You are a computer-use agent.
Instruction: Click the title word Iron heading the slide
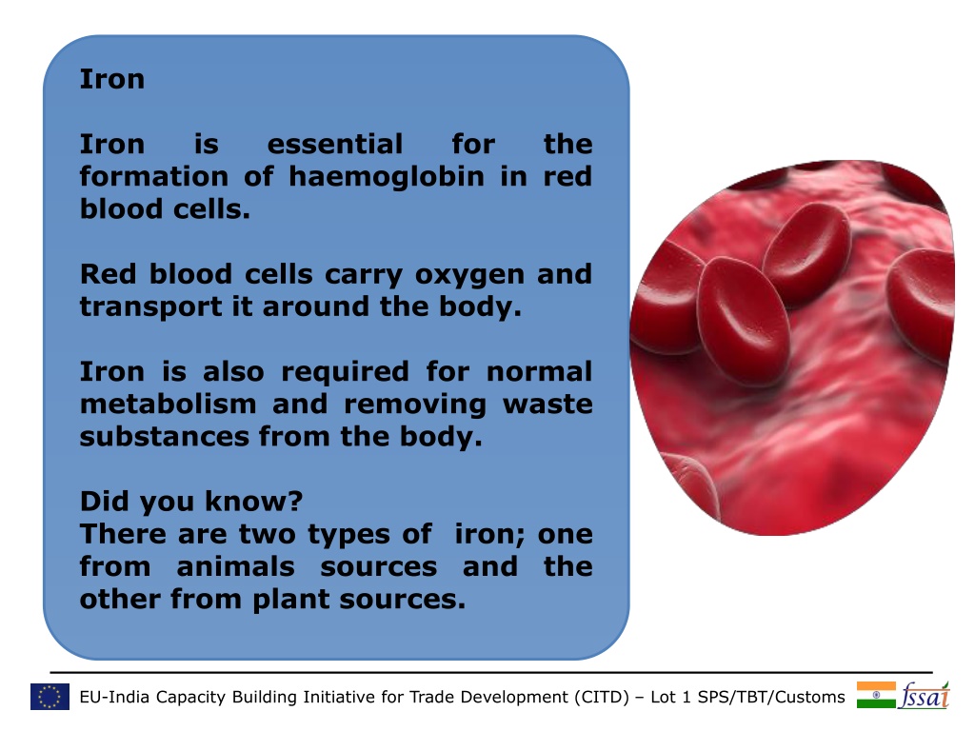pyautogui.click(x=112, y=79)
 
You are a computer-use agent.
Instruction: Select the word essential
pyautogui.click(x=335, y=145)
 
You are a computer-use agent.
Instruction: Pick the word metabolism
pyautogui.click(x=168, y=404)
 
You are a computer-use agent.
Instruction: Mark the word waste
pyautogui.click(x=547, y=405)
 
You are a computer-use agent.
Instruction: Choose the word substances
pyautogui.click(x=164, y=436)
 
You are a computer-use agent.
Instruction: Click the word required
pyautogui.click(x=345, y=372)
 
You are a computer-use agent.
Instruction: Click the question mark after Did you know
pyautogui.click(x=296, y=501)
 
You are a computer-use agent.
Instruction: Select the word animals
pyautogui.click(x=236, y=567)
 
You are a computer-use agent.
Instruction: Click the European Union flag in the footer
pyautogui.click(x=50, y=697)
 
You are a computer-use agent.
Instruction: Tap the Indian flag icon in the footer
pyautogui.click(x=876, y=695)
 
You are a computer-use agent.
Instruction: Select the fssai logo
pyautogui.click(x=924, y=695)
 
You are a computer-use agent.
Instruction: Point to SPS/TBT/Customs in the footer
pyautogui.click(x=771, y=697)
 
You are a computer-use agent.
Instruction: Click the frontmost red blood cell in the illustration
pyautogui.click(x=743, y=322)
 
